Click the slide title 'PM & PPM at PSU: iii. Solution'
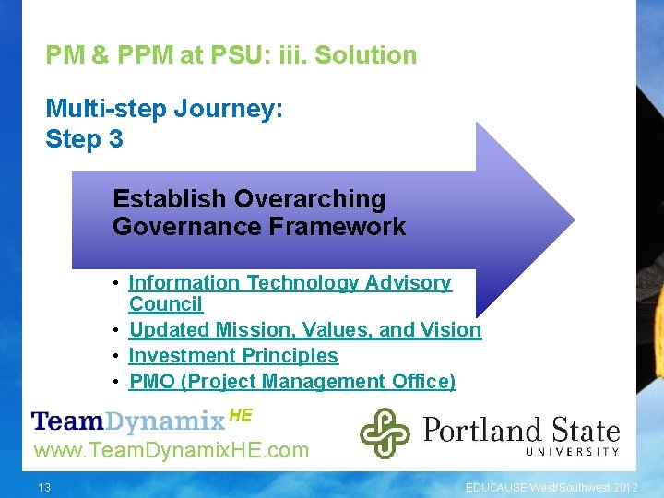231,55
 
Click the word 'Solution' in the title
366,55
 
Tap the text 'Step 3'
84,139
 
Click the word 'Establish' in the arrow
170,199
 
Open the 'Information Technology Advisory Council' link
290,283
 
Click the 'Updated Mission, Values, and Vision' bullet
304,330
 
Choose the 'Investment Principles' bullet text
233,356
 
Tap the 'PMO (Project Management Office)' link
292,382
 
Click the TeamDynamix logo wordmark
128,422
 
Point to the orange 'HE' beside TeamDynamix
240,416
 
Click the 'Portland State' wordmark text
521,430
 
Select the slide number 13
44,487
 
